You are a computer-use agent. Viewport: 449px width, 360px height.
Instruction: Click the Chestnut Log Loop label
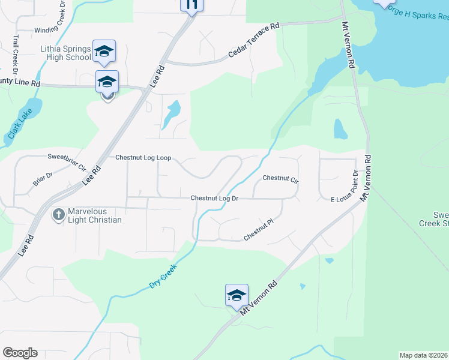click(x=143, y=158)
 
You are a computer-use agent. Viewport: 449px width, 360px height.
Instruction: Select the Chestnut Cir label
click(x=280, y=178)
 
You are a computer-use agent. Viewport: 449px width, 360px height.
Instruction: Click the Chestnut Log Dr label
click(x=214, y=198)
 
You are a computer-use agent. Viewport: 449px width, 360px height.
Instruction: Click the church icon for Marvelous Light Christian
click(x=59, y=214)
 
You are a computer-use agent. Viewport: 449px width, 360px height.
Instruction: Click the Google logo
click(x=20, y=352)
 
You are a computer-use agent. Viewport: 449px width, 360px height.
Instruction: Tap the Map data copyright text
click(x=423, y=355)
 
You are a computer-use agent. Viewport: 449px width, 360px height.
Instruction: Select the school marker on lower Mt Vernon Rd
click(x=237, y=295)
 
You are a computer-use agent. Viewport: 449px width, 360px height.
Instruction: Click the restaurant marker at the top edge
click(x=191, y=5)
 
